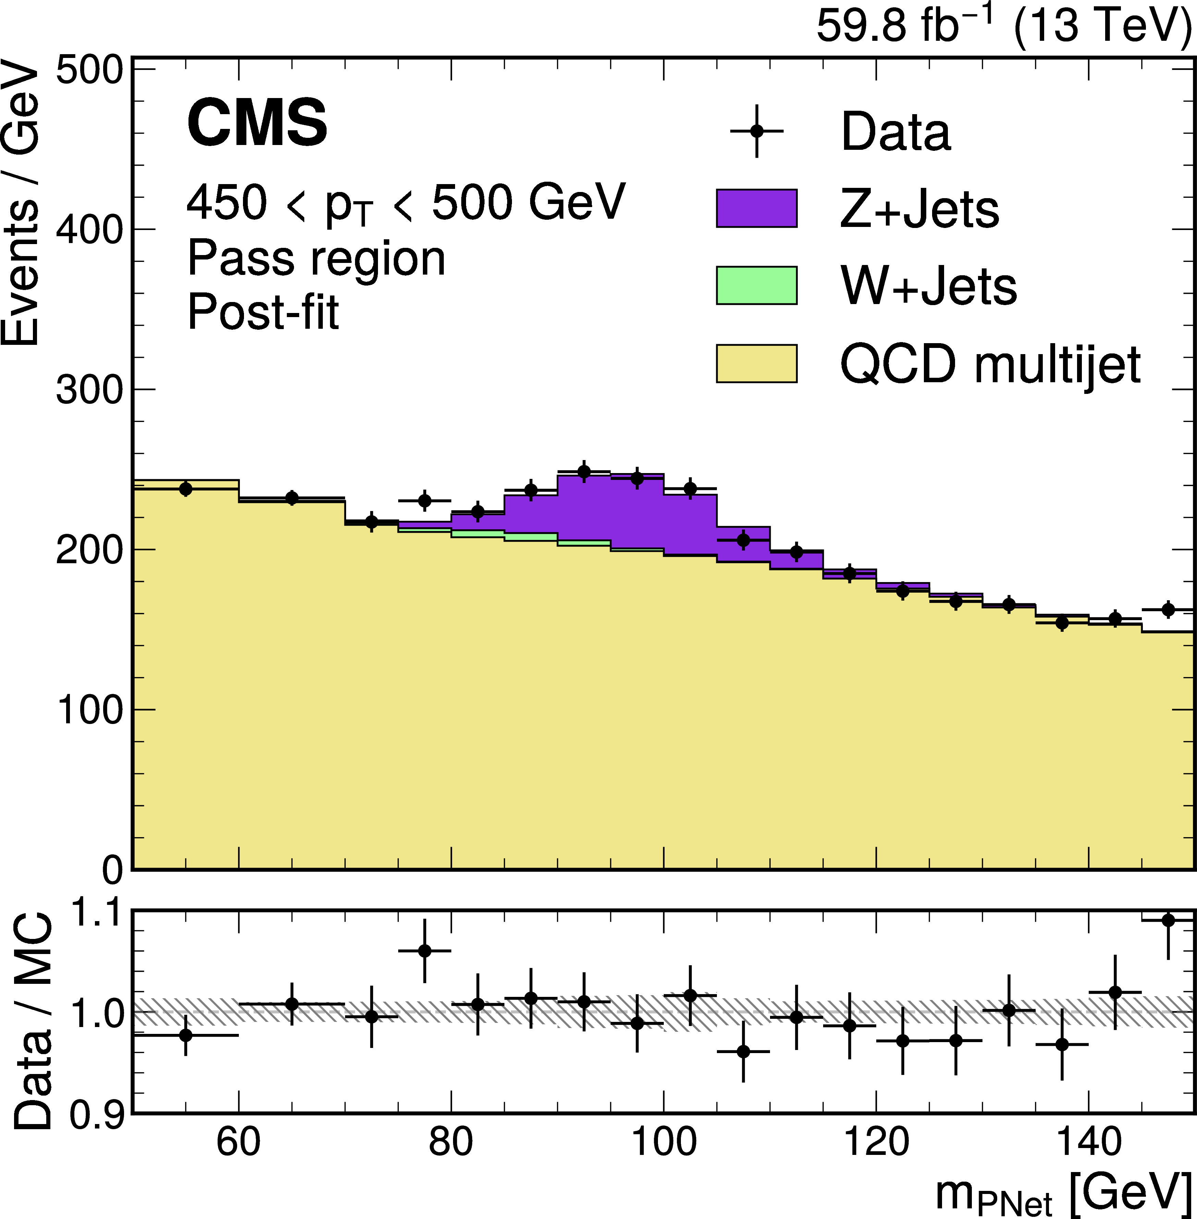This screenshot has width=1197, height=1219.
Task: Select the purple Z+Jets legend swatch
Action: pos(756,208)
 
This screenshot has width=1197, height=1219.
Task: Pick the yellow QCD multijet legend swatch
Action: pos(756,364)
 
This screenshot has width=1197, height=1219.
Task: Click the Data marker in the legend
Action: pos(757,131)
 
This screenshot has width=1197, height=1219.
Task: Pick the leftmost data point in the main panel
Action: pos(185,489)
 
